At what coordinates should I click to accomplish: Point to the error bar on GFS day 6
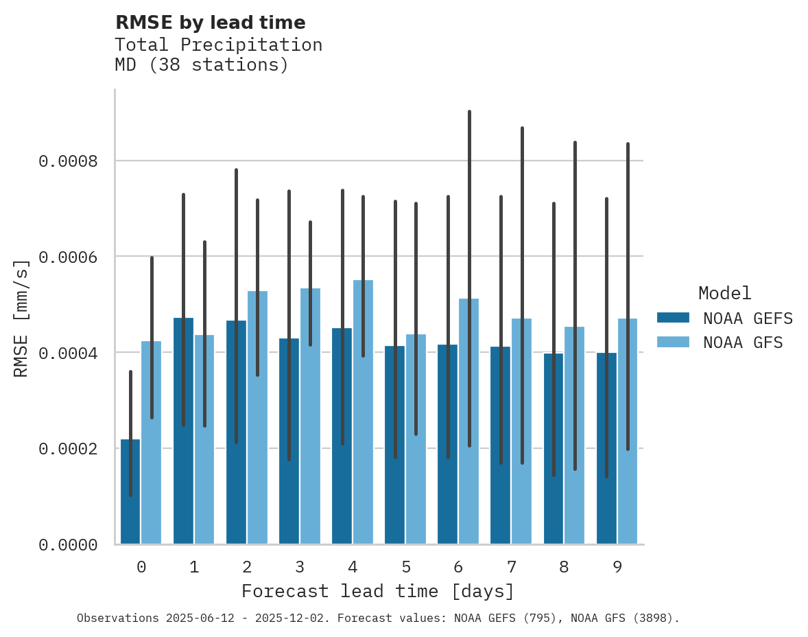(x=469, y=206)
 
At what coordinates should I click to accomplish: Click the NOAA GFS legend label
(x=742, y=342)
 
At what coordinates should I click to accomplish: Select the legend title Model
(x=724, y=294)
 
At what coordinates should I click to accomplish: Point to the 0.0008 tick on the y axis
(x=68, y=161)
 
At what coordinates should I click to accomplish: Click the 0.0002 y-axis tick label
(x=68, y=449)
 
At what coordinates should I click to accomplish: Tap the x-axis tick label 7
(x=511, y=567)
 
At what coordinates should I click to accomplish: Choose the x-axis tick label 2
(x=247, y=567)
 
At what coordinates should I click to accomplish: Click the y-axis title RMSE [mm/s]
(x=21, y=318)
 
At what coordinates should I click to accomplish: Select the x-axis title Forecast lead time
(x=377, y=591)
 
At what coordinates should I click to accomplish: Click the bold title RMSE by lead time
(x=210, y=23)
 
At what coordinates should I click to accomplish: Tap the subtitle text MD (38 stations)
(x=201, y=65)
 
